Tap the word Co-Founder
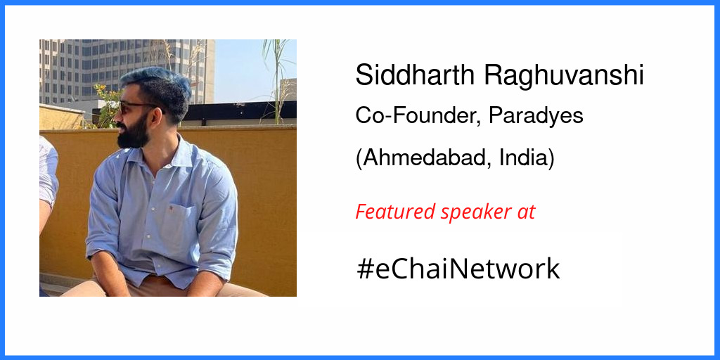418,116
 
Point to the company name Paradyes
536,117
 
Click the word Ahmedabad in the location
423,158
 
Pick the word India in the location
527,158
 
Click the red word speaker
475,212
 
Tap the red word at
525,212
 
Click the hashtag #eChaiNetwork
458,269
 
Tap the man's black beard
132,131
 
